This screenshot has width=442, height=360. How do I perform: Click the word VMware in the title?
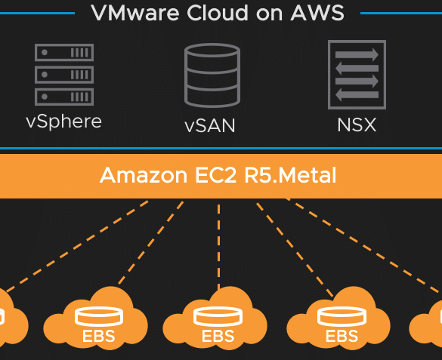point(135,13)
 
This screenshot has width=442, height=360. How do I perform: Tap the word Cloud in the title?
point(218,13)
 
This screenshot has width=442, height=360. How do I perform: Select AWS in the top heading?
point(317,13)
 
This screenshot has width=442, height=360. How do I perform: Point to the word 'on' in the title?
point(269,14)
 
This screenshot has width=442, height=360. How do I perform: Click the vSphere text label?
point(63,122)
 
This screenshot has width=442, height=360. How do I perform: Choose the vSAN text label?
point(210,125)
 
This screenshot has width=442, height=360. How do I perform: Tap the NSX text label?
point(357,125)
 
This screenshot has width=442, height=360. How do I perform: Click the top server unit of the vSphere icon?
point(64,52)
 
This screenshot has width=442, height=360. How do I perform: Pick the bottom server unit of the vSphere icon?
point(64,97)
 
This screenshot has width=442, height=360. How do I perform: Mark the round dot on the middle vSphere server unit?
point(45,75)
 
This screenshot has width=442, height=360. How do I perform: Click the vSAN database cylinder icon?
point(212,75)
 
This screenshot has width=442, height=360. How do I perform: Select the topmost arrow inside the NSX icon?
point(357,54)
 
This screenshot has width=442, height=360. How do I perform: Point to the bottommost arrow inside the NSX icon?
point(357,95)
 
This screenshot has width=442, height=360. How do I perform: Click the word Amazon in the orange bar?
point(144,175)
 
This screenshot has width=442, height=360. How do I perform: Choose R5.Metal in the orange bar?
point(290,175)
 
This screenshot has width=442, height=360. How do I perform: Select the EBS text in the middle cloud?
point(218,336)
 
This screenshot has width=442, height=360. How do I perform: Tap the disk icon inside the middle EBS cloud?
point(218,315)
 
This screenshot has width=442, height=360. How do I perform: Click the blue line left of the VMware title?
point(37,13)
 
